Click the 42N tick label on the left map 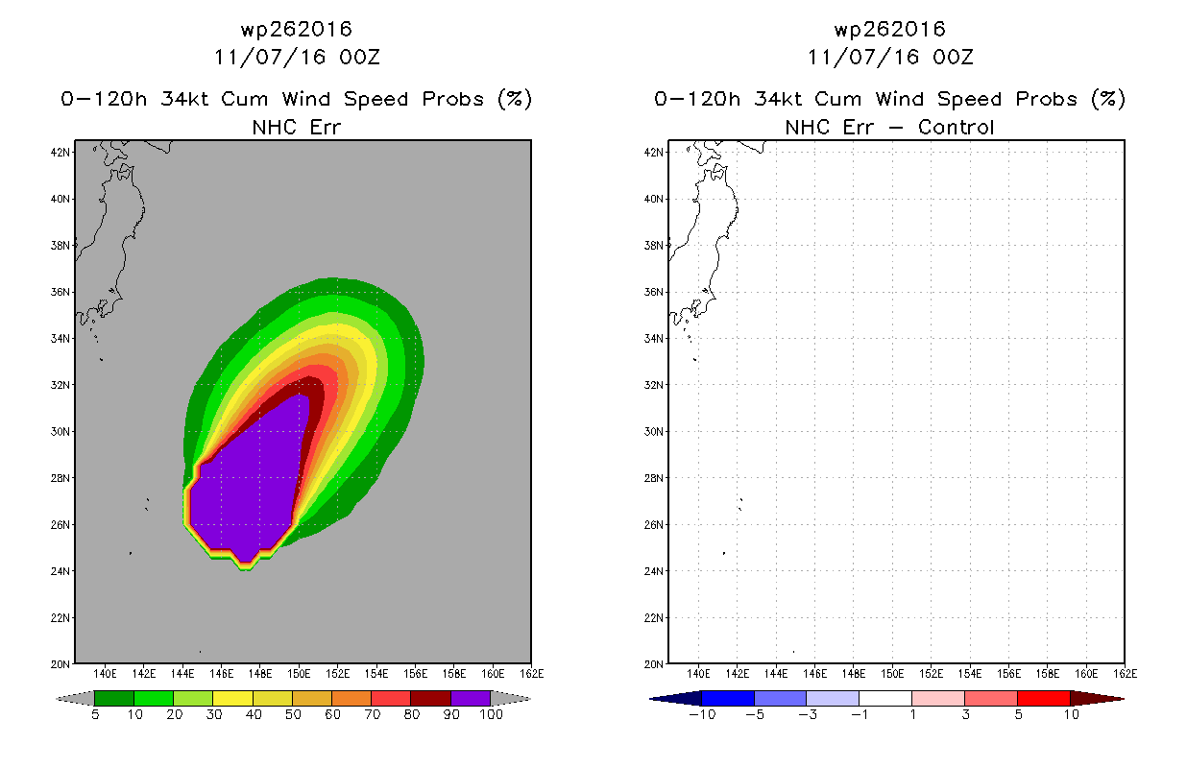[x=60, y=153]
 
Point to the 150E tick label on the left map [x=299, y=674]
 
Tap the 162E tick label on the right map [x=1126, y=674]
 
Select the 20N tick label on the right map [x=653, y=664]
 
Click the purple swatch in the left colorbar [x=471, y=698]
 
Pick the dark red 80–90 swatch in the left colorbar [x=431, y=698]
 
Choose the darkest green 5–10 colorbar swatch [x=114, y=698]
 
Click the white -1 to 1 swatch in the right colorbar [x=885, y=698]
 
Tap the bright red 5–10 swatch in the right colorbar [x=1044, y=698]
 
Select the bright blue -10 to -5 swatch [x=728, y=698]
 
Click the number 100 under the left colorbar [x=491, y=714]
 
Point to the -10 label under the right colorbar [x=702, y=714]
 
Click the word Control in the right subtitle [x=956, y=128]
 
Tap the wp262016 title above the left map [x=297, y=29]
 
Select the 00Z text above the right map [x=953, y=57]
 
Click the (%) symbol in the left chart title [x=515, y=99]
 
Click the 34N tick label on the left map [x=60, y=339]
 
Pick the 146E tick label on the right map [x=815, y=674]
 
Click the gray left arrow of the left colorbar [x=75, y=699]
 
